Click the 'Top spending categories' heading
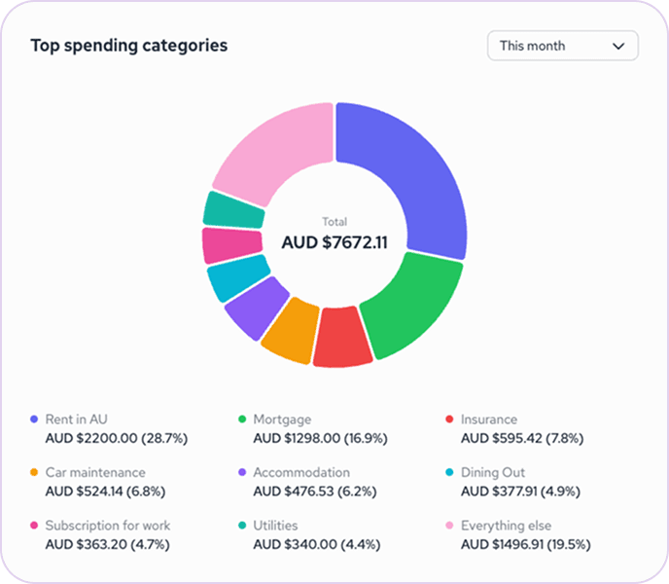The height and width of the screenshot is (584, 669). (128, 46)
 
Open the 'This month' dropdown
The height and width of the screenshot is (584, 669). (562, 46)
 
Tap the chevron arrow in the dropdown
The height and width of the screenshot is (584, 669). (617, 46)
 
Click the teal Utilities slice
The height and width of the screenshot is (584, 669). (232, 209)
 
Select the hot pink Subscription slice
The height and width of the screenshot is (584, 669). (230, 245)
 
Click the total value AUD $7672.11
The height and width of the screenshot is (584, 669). (334, 242)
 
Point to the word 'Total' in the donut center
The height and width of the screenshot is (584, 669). (334, 222)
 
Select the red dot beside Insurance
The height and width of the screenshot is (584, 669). (448, 420)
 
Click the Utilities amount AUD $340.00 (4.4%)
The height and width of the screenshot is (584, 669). (317, 543)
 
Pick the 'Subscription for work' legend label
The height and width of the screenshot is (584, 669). (108, 525)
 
